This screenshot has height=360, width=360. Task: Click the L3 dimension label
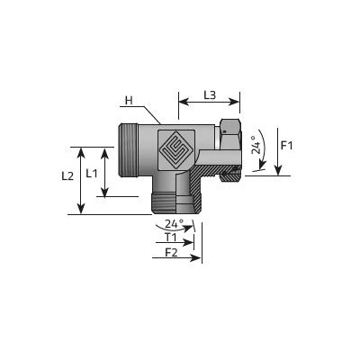point(210,95)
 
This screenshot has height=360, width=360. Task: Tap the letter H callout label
point(129,101)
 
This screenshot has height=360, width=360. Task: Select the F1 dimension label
point(286,146)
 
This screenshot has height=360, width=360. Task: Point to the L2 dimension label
point(67,176)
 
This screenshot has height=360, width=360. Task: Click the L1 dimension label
point(92,173)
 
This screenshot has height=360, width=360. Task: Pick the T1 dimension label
point(171,238)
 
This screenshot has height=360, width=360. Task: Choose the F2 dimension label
point(171,253)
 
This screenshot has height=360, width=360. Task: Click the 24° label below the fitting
point(175,224)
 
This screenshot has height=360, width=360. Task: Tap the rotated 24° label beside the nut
point(255,145)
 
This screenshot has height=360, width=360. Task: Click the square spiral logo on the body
point(176,149)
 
